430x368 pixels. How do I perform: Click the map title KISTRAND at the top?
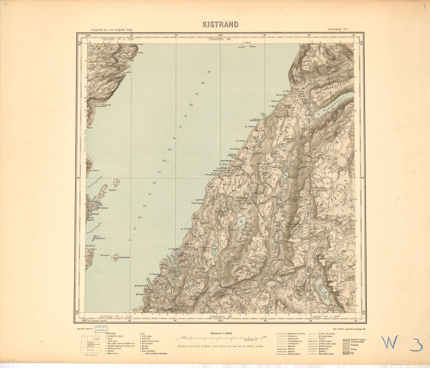pyautogui.click(x=220, y=24)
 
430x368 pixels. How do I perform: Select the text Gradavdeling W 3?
pyautogui.click(x=338, y=29)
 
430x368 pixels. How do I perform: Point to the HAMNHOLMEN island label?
pyautogui.click(x=124, y=257)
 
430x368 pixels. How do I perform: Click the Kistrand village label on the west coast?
pyautogui.click(x=94, y=214)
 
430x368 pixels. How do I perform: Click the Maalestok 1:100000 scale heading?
pyautogui.click(x=221, y=333)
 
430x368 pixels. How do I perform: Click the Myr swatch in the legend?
pyautogui.click(x=346, y=353)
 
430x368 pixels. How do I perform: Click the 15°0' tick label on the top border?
pyautogui.click(x=221, y=35)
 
